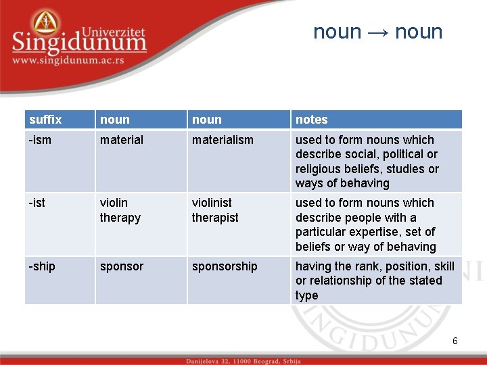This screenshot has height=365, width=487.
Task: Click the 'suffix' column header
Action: point(45,120)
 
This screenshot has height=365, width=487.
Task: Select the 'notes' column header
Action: point(311,120)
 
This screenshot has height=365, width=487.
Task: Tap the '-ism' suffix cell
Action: point(40,140)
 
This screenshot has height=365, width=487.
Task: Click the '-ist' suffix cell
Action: point(37,203)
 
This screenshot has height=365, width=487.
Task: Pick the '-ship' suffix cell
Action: point(42,266)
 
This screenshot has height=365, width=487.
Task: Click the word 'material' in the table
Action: point(122,140)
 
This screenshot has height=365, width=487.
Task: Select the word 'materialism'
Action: point(223,140)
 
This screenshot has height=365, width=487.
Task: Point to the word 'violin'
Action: point(114,203)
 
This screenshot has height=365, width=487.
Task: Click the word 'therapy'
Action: point(120,218)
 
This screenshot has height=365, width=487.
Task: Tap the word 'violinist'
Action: point(212,203)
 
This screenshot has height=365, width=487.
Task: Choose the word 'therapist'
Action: point(215,218)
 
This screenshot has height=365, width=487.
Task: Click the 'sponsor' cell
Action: point(122,266)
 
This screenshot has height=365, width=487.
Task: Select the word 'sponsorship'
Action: point(225,266)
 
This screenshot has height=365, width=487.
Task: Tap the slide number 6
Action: point(455,341)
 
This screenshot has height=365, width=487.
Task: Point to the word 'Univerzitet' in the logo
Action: point(113,31)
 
